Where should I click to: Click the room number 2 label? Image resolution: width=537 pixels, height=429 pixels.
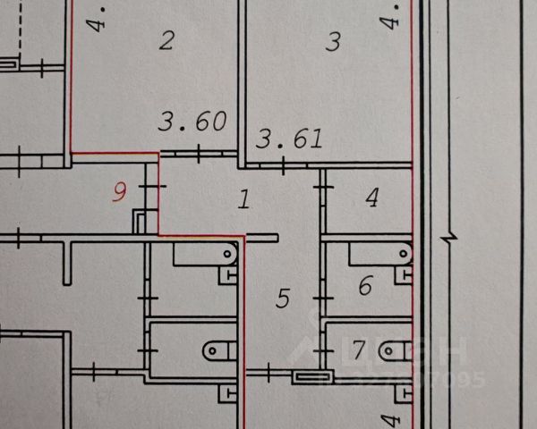pyautogui.click(x=165, y=39)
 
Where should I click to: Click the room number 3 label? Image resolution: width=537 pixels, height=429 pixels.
pyautogui.click(x=333, y=41)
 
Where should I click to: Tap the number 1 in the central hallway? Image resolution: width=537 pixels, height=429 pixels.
pyautogui.click(x=243, y=198)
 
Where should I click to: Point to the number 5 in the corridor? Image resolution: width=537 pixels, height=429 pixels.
pyautogui.click(x=283, y=298)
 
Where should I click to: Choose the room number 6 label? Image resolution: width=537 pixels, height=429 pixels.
pyautogui.click(x=365, y=287)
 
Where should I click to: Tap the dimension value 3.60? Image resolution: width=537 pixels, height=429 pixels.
pyautogui.click(x=191, y=122)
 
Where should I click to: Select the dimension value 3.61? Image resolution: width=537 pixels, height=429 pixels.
pyautogui.click(x=289, y=139)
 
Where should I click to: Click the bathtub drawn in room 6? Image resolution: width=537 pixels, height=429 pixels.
pyautogui.click(x=379, y=254)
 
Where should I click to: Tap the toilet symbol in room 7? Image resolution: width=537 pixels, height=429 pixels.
pyautogui.click(x=394, y=349)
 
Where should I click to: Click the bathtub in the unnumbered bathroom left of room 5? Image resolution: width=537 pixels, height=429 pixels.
pyautogui.click(x=203, y=254)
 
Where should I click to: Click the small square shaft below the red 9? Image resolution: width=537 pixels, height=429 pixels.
pyautogui.click(x=141, y=220)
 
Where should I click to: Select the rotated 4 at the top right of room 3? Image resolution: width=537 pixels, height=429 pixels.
pyautogui.click(x=390, y=18)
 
